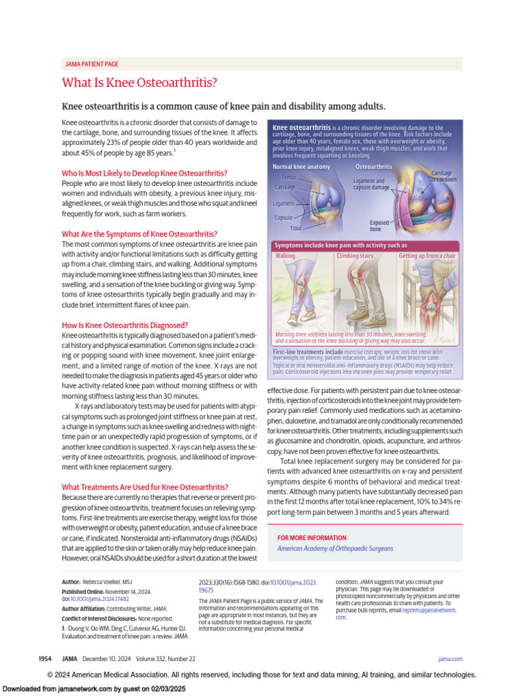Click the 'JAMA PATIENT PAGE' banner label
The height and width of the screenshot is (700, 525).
(x=91, y=64)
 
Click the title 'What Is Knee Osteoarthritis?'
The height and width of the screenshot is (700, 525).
(x=139, y=83)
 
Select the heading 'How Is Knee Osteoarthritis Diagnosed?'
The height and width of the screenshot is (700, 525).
(x=124, y=325)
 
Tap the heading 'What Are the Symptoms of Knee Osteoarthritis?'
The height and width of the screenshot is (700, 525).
(x=139, y=234)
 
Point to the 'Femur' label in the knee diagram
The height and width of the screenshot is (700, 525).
(x=288, y=177)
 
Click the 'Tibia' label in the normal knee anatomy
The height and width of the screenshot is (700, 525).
(x=295, y=228)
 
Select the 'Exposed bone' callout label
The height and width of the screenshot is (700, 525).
(x=379, y=226)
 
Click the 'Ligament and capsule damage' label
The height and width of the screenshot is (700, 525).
(x=371, y=184)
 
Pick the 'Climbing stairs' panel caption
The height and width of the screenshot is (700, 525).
(x=355, y=256)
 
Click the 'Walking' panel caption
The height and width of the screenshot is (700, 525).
(x=285, y=256)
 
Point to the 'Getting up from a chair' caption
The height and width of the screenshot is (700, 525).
(x=427, y=256)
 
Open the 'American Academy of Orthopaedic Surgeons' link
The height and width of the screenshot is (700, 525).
(x=335, y=548)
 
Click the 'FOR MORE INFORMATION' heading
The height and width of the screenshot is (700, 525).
(x=312, y=538)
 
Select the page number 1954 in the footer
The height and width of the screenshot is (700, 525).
(x=45, y=658)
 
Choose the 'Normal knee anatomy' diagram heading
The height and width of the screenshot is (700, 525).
(x=301, y=167)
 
